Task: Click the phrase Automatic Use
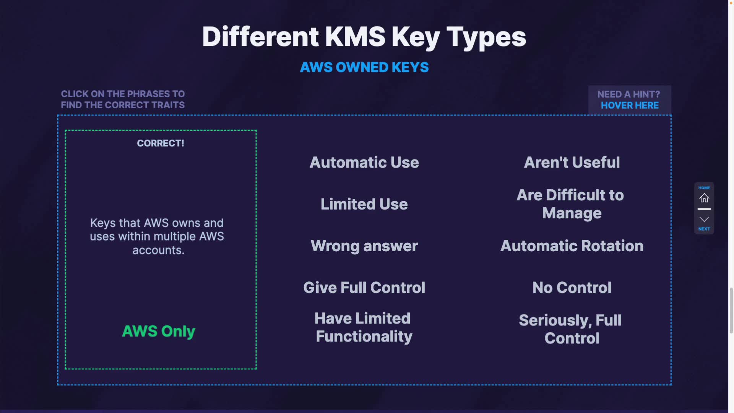(364, 163)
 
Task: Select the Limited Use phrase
(364, 204)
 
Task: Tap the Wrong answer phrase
(364, 246)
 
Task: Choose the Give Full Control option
(364, 288)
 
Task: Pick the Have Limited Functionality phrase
(363, 327)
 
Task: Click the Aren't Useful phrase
(572, 163)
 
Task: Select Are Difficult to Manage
(571, 204)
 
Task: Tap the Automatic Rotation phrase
(572, 246)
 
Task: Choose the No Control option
(572, 288)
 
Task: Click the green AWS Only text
(159, 331)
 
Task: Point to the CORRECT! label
(161, 143)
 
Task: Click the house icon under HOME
(704, 198)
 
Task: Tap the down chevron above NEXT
(704, 219)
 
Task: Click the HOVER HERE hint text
(630, 106)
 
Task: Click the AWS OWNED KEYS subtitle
(364, 67)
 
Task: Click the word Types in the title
(486, 37)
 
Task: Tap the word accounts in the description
(158, 250)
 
